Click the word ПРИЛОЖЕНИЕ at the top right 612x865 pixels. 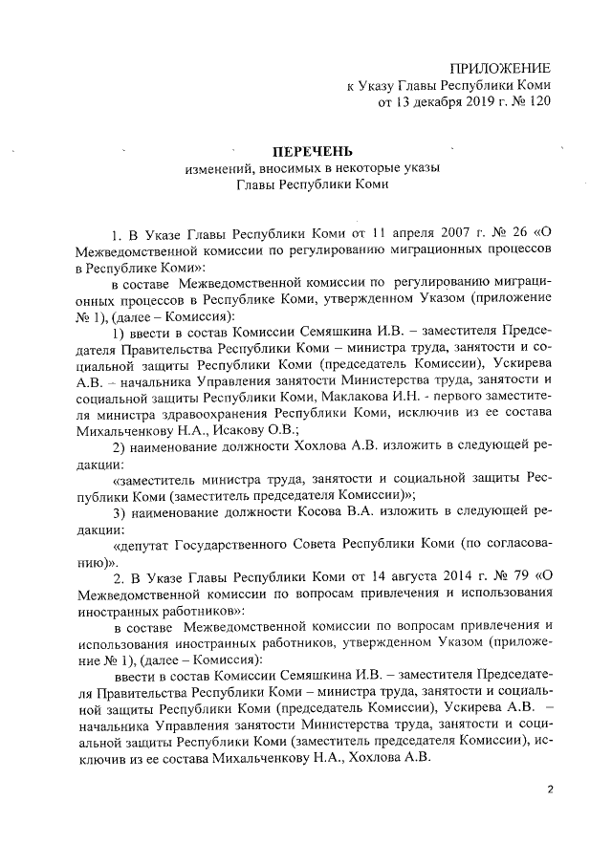pos(500,68)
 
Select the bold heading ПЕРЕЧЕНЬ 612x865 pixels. pos(314,151)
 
